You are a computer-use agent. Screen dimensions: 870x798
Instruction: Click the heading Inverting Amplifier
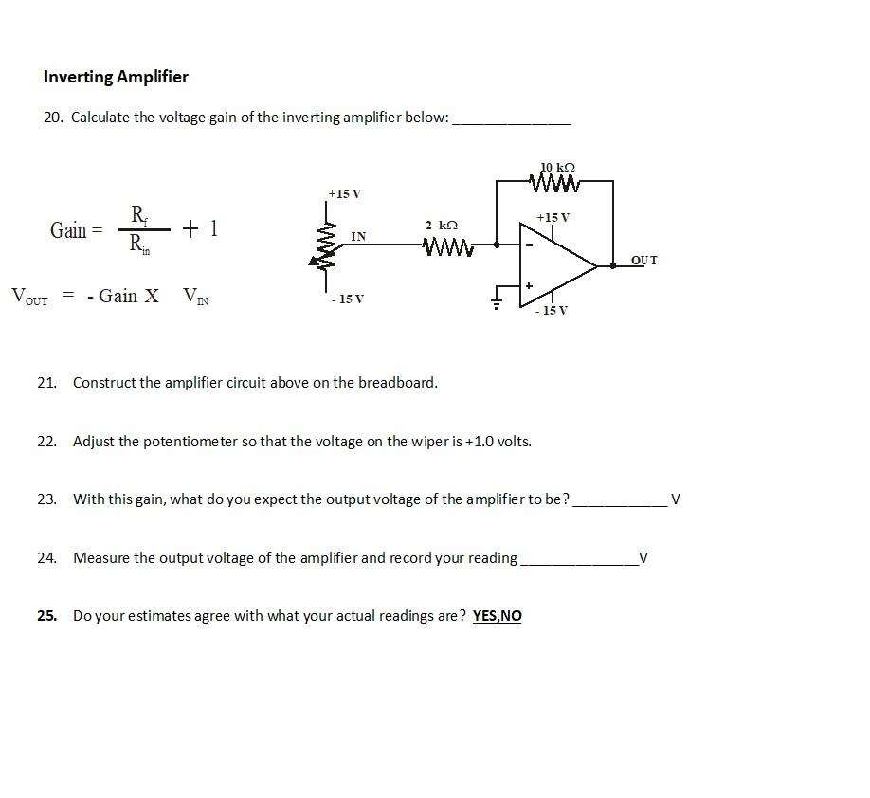pyautogui.click(x=116, y=77)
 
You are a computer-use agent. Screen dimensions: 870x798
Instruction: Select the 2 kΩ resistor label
pyautogui.click(x=442, y=226)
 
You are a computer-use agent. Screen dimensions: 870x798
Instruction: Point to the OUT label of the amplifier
pyautogui.click(x=643, y=260)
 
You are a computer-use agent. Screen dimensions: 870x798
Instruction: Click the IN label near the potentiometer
pyautogui.click(x=359, y=235)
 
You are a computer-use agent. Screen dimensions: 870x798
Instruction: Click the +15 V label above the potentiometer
pyautogui.click(x=344, y=193)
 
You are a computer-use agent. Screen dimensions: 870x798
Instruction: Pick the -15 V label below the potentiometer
pyautogui.click(x=347, y=299)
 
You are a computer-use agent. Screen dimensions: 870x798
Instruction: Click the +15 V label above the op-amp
pyautogui.click(x=553, y=217)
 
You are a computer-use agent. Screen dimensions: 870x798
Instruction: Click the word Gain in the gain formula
pyautogui.click(x=68, y=230)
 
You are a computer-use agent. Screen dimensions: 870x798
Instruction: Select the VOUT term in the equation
pyautogui.click(x=29, y=296)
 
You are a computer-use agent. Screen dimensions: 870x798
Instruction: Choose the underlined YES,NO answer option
pyautogui.click(x=497, y=616)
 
